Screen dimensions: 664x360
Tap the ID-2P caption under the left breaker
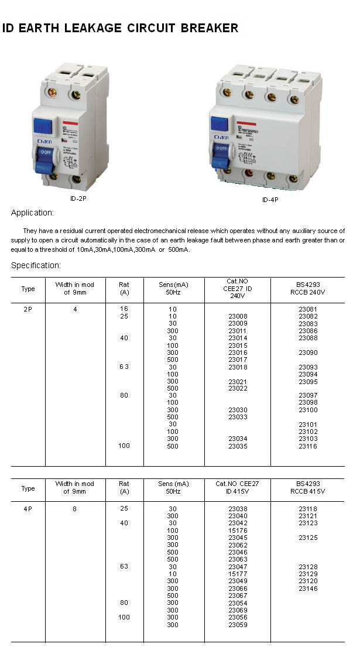tap(78, 198)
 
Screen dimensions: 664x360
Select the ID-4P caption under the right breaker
tap(270, 200)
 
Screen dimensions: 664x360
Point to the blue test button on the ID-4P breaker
tap(219, 124)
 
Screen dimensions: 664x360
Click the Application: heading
tap(32, 213)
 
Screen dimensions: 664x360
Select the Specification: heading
tap(36, 265)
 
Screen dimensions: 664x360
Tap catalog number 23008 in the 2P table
tap(237, 316)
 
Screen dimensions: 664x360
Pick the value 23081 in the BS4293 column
tap(308, 309)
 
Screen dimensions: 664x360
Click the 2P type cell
tap(28, 309)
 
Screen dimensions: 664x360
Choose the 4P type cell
tap(28, 509)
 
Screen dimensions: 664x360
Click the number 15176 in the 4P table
tap(237, 530)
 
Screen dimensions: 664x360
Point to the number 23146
tap(308, 588)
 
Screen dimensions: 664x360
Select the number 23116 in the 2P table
tap(308, 446)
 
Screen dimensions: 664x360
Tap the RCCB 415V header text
tap(307, 491)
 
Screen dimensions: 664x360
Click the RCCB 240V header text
tap(308, 292)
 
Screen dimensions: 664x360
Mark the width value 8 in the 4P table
tap(75, 509)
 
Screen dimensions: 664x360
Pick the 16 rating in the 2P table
tap(124, 309)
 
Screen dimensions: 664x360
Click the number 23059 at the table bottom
tap(237, 625)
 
